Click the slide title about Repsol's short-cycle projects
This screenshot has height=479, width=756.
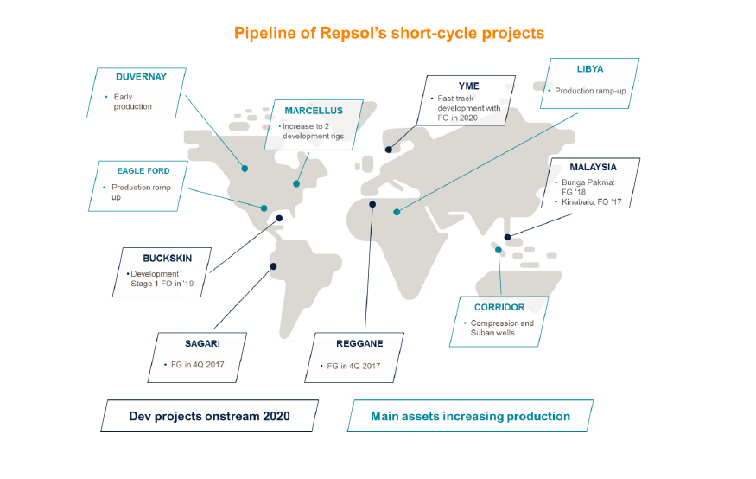click(389, 33)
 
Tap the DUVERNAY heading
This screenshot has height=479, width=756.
click(142, 77)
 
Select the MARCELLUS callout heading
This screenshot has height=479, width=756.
click(314, 111)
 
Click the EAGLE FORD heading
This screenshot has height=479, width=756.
click(143, 170)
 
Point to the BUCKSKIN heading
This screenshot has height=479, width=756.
click(168, 258)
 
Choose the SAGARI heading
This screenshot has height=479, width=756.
click(202, 343)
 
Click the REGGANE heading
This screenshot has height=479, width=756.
click(359, 343)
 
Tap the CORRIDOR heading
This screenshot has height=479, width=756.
click(499, 307)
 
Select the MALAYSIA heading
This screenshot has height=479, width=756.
click(593, 167)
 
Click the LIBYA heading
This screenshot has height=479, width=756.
click(590, 69)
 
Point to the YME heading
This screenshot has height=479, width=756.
click(468, 86)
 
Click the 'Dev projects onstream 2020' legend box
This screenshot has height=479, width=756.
click(210, 416)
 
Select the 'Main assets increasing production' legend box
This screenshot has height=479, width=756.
click(470, 416)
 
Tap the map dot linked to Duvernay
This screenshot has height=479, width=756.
click(245, 169)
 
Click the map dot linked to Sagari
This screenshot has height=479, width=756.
click(273, 266)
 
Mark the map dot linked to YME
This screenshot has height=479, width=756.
click(389, 150)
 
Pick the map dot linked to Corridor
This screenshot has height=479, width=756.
click(499, 250)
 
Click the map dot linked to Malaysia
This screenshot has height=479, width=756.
click(507, 237)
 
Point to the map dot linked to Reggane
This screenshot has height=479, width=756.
click(372, 205)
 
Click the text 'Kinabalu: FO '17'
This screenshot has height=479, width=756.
click(591, 201)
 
